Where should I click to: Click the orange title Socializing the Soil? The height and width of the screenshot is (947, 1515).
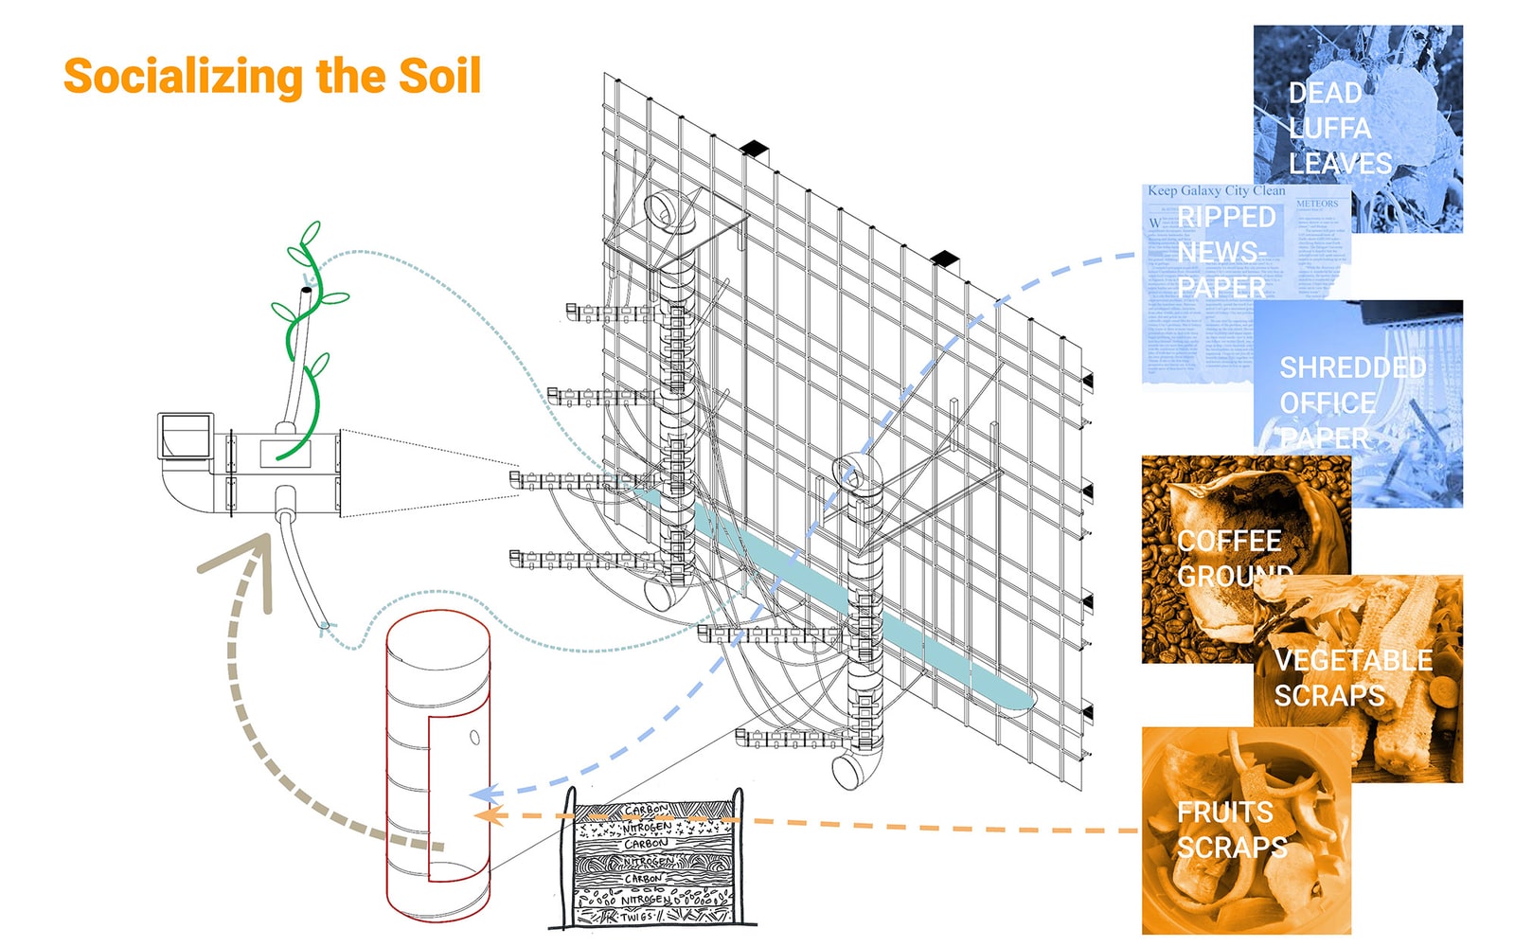[x=272, y=77]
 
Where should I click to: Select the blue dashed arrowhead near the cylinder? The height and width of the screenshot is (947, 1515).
[x=484, y=794]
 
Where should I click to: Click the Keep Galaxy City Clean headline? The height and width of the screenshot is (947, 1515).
[x=1216, y=190]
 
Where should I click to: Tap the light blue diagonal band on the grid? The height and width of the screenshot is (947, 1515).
[x=852, y=606]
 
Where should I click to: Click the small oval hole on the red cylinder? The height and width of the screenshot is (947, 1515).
[x=475, y=738]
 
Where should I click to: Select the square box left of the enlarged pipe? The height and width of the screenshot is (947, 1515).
[x=186, y=437]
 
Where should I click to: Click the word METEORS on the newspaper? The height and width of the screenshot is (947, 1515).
[x=1317, y=204]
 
